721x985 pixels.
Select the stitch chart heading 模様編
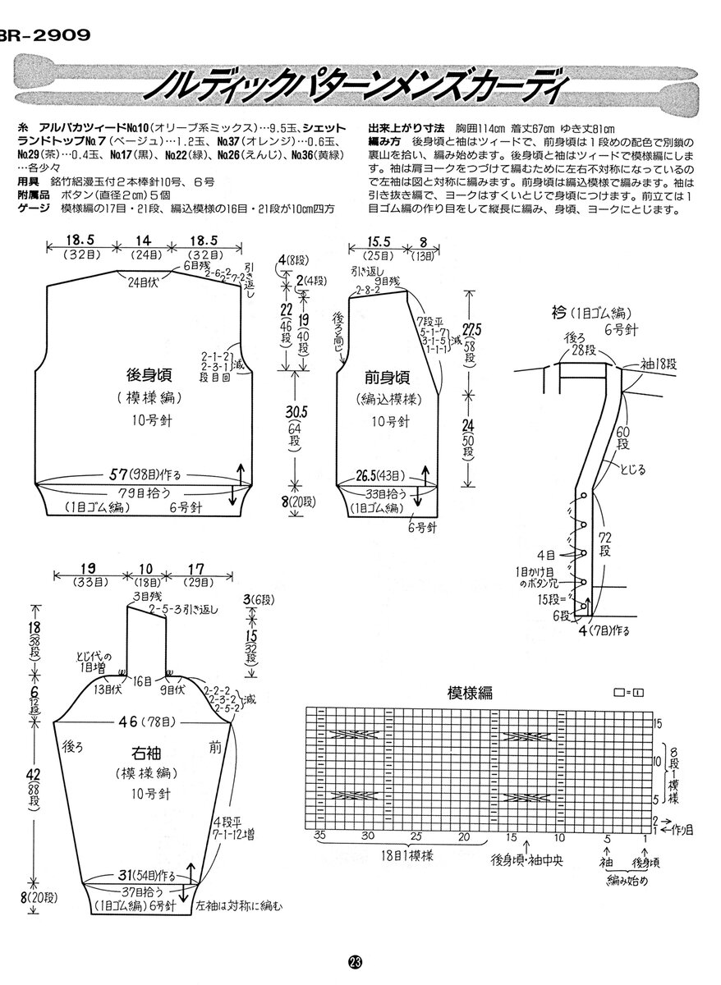click(470, 692)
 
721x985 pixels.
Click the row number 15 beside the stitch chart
click(657, 724)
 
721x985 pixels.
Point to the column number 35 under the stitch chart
click(319, 837)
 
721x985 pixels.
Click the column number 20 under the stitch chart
click(465, 837)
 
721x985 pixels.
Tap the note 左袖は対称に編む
click(239, 906)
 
